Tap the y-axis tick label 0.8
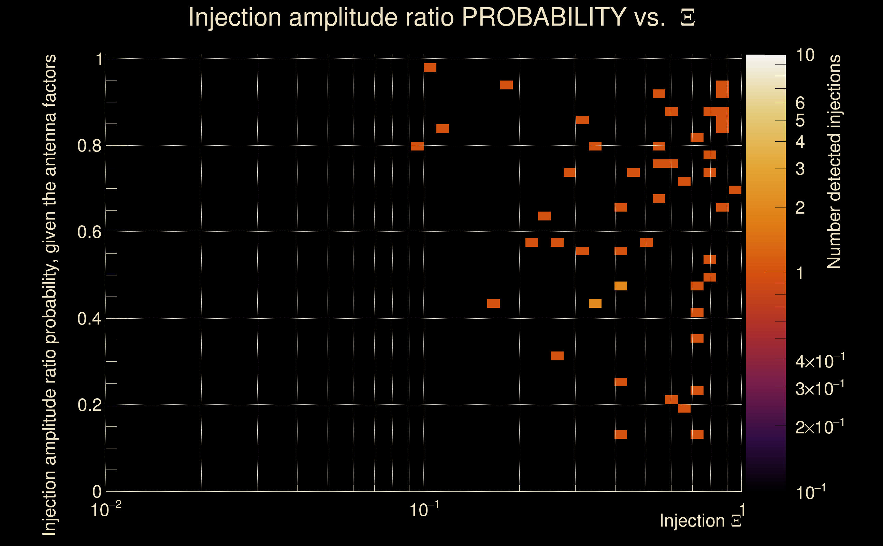click(89, 146)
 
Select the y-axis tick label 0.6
click(89, 232)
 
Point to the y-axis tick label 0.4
click(89, 319)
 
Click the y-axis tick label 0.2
click(89, 405)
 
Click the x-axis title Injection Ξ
click(700, 521)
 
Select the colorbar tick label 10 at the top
click(805, 55)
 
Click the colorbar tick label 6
click(800, 103)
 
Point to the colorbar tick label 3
click(800, 169)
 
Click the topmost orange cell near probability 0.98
click(430, 68)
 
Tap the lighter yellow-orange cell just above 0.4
click(595, 303)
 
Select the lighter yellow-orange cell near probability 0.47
click(621, 286)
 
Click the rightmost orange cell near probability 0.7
click(735, 190)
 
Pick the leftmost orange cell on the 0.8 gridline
click(417, 146)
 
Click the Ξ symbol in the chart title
click(687, 18)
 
